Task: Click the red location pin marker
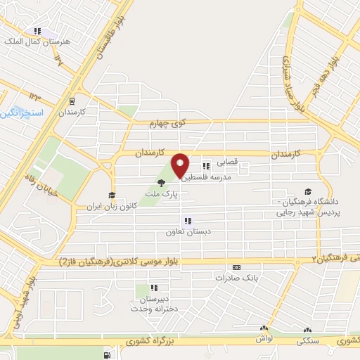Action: point(180,165)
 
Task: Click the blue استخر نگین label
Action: point(21,112)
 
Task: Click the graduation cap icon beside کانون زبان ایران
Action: point(111,196)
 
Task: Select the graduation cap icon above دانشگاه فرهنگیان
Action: point(307,191)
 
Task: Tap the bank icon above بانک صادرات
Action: point(236,267)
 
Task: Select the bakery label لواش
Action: point(264,338)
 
